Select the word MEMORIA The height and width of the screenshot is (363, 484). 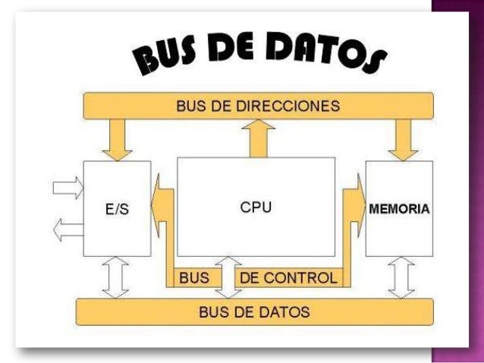[399, 208]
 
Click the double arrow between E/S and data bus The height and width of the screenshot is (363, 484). [116, 277]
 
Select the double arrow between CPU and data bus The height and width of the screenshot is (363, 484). [225, 277]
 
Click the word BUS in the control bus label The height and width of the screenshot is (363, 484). [193, 278]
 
